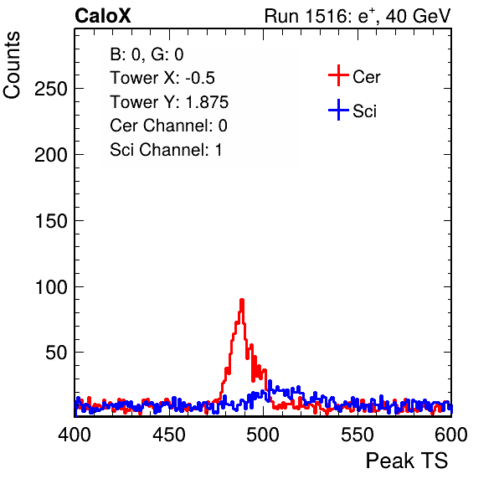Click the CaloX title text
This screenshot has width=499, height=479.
tap(103, 16)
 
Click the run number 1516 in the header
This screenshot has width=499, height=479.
tap(326, 16)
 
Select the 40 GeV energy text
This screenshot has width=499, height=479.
tap(418, 16)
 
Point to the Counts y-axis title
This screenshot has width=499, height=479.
tap(12, 65)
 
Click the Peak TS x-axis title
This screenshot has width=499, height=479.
tap(407, 461)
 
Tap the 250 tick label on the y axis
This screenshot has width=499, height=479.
tap(51, 89)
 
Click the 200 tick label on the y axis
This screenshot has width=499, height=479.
tap(51, 155)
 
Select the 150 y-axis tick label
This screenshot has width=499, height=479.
tap(51, 221)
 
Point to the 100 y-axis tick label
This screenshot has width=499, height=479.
tap(51, 286)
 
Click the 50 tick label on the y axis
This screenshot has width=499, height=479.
tap(56, 353)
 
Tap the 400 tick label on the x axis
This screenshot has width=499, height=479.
tap(75, 435)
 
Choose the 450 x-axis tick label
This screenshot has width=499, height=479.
tap(169, 435)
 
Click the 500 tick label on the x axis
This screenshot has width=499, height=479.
tap(263, 435)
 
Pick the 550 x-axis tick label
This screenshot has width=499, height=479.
tap(358, 435)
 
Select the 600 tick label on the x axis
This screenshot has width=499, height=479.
tap(451, 435)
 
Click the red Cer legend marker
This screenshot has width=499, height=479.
tap(338, 75)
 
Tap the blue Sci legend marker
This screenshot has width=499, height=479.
tap(338, 110)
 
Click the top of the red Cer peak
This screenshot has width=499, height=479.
tap(242, 300)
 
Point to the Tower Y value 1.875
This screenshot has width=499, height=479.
tap(207, 102)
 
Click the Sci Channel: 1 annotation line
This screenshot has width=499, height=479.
tap(166, 150)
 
